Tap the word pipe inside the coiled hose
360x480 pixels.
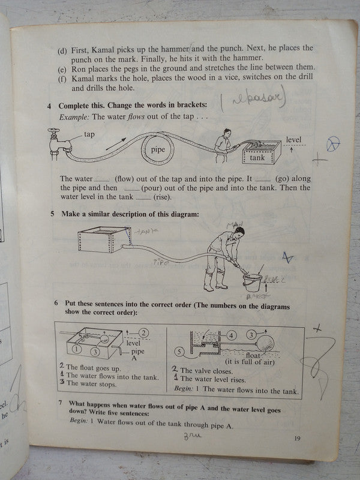[x=158, y=150]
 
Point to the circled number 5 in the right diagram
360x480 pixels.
[x=178, y=352]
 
